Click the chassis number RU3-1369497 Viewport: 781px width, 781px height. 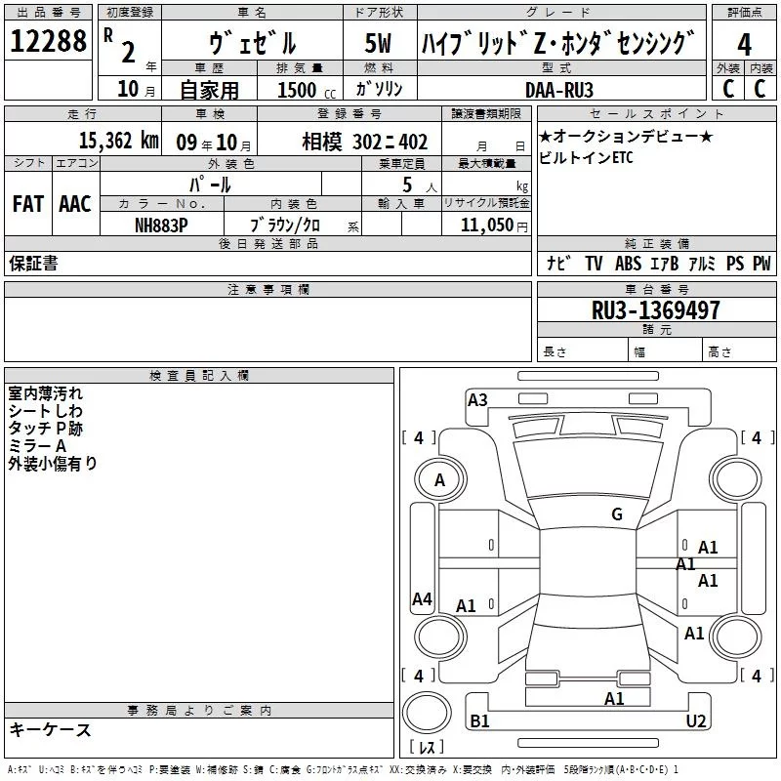click(x=656, y=310)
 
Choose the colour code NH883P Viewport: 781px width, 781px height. click(x=161, y=225)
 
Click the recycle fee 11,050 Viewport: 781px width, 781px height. click(x=487, y=225)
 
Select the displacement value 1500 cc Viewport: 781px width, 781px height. click(x=302, y=90)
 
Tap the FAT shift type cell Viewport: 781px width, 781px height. click(x=27, y=203)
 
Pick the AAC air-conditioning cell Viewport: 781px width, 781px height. click(x=75, y=203)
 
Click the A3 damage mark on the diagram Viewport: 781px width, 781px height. click(x=477, y=399)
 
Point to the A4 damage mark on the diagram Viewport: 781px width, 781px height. click(x=422, y=599)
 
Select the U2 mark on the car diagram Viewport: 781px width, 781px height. click(x=695, y=720)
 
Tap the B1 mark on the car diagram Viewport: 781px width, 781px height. click(x=479, y=720)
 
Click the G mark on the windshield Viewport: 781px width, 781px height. click(x=616, y=514)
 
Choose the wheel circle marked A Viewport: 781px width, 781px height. click(x=439, y=479)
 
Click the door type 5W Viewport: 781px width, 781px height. click(x=378, y=44)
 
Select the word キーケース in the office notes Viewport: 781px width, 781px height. click(x=51, y=729)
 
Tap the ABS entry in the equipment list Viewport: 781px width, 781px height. click(x=628, y=264)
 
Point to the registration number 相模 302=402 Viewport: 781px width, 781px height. click(x=364, y=143)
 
